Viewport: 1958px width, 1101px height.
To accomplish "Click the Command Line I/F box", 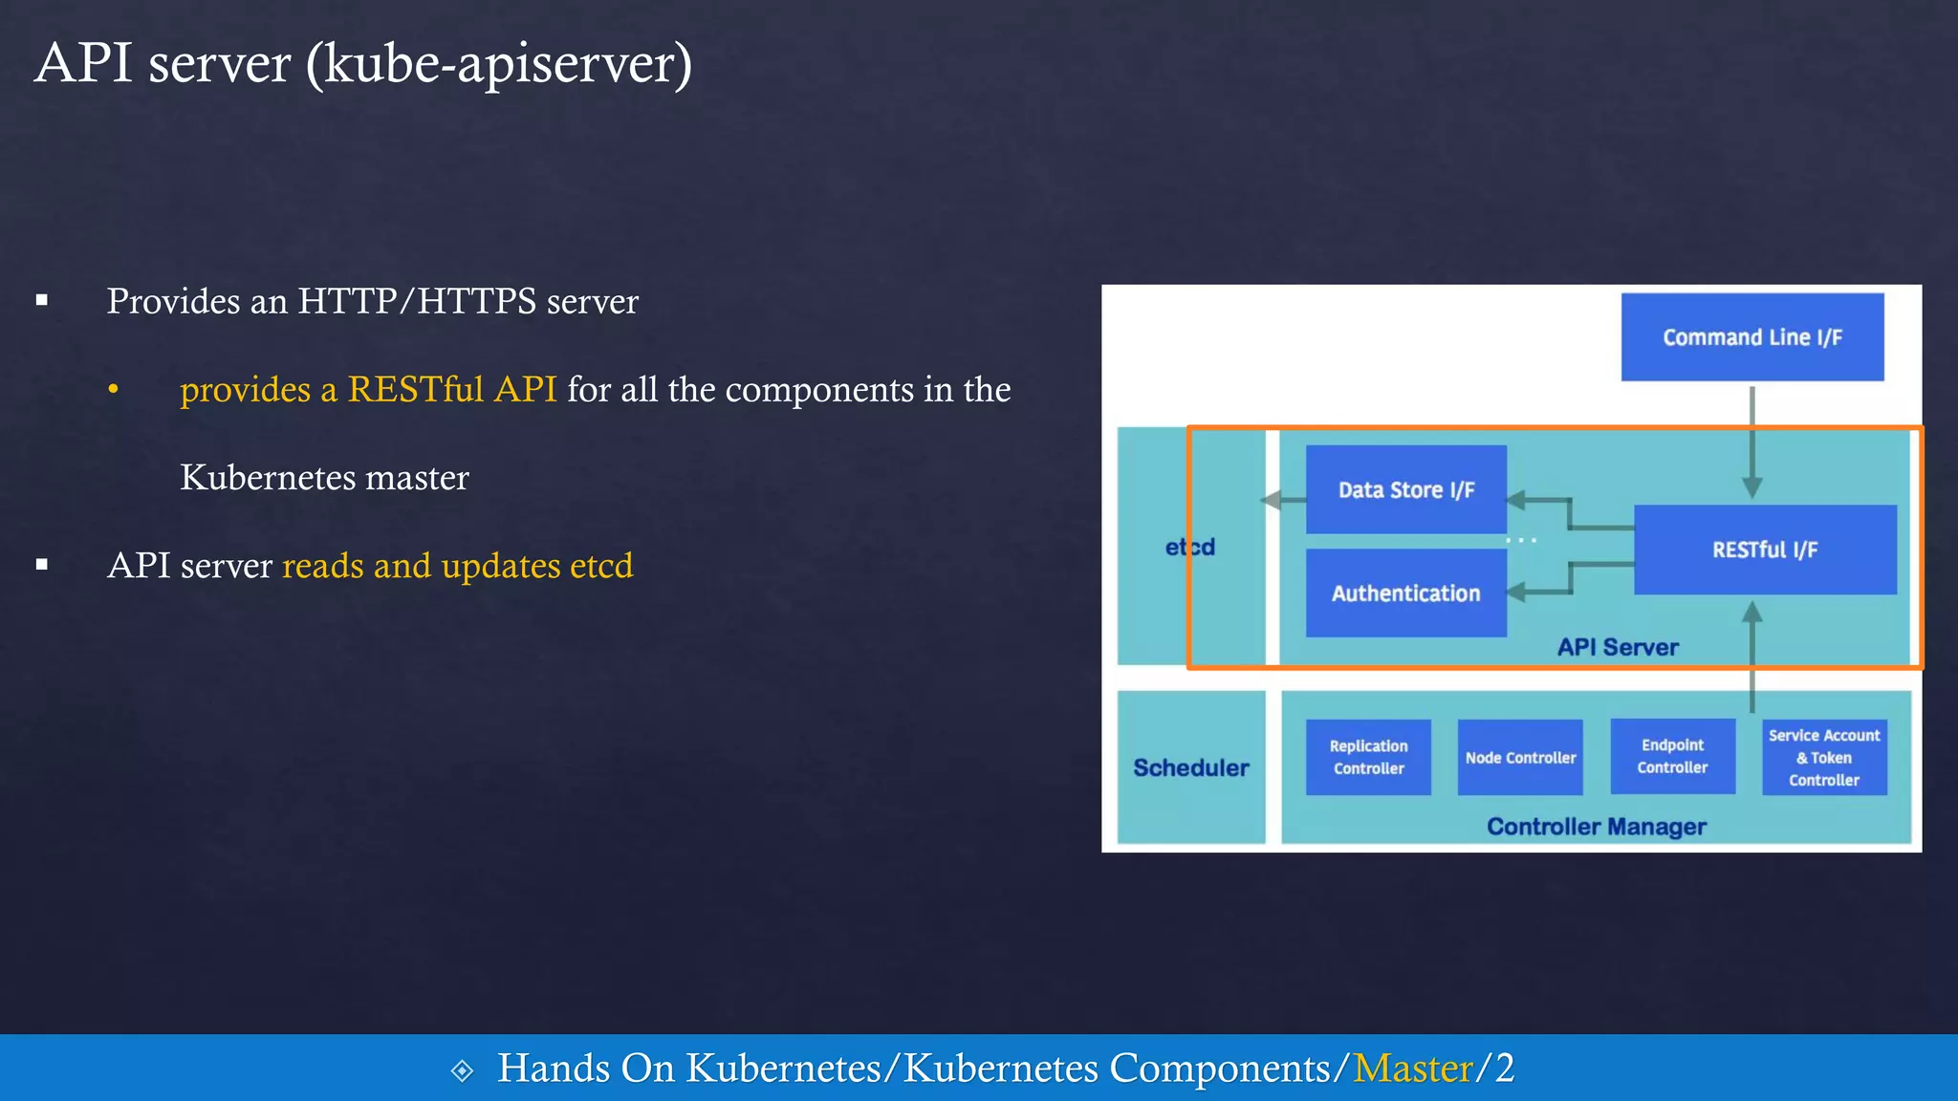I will (1751, 337).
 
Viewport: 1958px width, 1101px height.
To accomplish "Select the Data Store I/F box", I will (1405, 489).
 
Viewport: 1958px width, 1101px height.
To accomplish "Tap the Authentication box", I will (1405, 593).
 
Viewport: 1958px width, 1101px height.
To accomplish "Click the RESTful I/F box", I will (1765, 550).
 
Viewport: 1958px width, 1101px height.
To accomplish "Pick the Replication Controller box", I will (1368, 757).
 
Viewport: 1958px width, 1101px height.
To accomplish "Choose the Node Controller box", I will (1520, 757).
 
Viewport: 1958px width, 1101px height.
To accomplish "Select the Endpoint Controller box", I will (1672, 756).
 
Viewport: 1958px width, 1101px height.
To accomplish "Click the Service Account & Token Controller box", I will (1824, 757).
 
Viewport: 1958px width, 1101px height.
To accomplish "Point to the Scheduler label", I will (1190, 767).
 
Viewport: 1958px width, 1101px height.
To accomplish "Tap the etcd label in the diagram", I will (1189, 547).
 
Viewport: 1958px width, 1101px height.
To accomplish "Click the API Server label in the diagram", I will (1618, 647).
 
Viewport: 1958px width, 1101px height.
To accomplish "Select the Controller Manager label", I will (1596, 827).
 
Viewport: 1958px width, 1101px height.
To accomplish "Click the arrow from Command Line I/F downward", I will (1751, 440).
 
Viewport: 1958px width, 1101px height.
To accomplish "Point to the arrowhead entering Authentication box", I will (1516, 593).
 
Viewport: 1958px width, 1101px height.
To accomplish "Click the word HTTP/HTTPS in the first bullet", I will (417, 301).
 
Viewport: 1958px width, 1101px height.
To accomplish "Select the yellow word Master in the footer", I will (1413, 1068).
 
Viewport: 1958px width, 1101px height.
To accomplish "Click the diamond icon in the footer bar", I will (462, 1070).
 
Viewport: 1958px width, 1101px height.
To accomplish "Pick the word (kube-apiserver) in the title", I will (498, 64).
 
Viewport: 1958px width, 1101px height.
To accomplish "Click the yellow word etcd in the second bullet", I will (601, 566).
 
